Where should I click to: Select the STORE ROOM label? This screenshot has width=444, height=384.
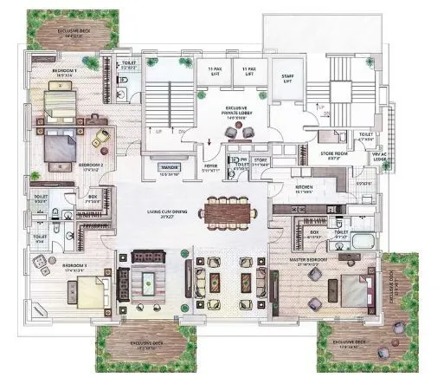point(335,155)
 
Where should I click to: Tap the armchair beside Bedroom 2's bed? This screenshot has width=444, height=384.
point(101,136)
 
